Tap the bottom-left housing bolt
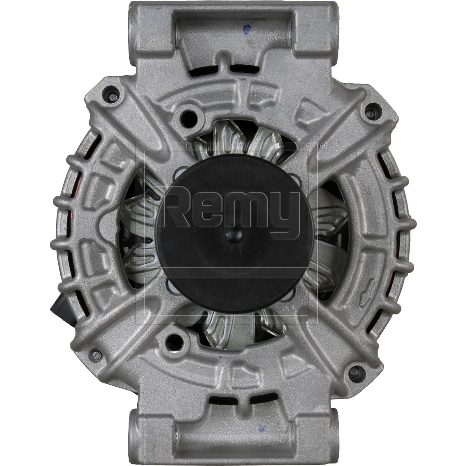coord(95,354)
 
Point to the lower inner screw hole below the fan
coord(173,339)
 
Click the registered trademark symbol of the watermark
coord(323,145)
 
